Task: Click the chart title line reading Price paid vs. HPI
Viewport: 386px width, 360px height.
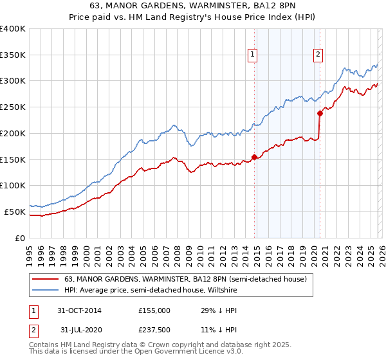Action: click(193, 18)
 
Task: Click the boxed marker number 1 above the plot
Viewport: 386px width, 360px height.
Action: click(253, 55)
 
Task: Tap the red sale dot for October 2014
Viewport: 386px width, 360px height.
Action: click(255, 156)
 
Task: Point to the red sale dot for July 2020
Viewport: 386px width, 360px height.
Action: click(320, 113)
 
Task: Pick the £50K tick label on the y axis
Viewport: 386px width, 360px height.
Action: click(15, 212)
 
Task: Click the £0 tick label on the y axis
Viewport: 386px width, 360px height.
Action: click(21, 238)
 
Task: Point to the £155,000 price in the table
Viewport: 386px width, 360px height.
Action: click(154, 310)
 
